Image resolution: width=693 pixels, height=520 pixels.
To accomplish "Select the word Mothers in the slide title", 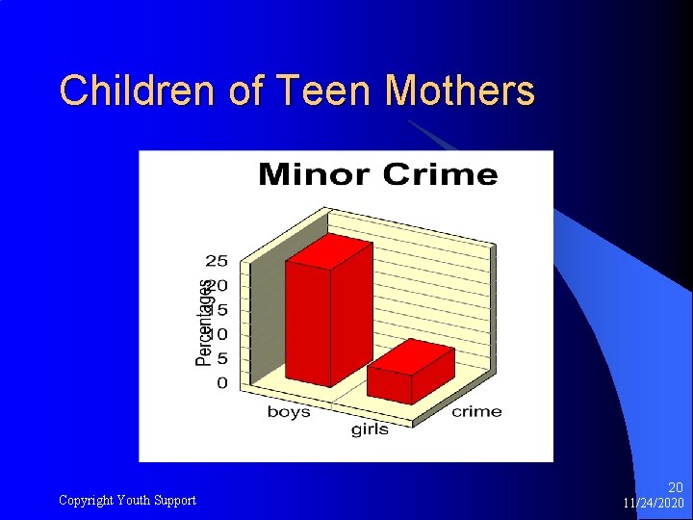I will coord(459,92).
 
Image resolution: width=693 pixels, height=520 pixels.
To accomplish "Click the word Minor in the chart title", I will coord(314,175).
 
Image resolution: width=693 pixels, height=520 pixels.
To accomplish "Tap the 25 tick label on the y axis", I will coord(217,261).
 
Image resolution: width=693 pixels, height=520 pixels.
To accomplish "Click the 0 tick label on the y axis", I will coord(222,383).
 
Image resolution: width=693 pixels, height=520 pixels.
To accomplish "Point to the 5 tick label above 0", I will coord(222,359).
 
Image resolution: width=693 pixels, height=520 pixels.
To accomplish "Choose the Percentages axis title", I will coord(204,323).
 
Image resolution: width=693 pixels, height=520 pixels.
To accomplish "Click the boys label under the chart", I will coord(289,412).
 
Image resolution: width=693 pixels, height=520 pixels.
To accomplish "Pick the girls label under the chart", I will coord(370,429).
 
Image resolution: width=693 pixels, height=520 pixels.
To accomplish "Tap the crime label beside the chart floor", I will coord(476,412).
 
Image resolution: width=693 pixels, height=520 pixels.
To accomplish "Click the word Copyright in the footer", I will coord(87,500).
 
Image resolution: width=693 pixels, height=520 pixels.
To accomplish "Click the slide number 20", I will coord(675,488).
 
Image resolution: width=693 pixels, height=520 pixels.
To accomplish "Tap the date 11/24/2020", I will coord(654,504).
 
